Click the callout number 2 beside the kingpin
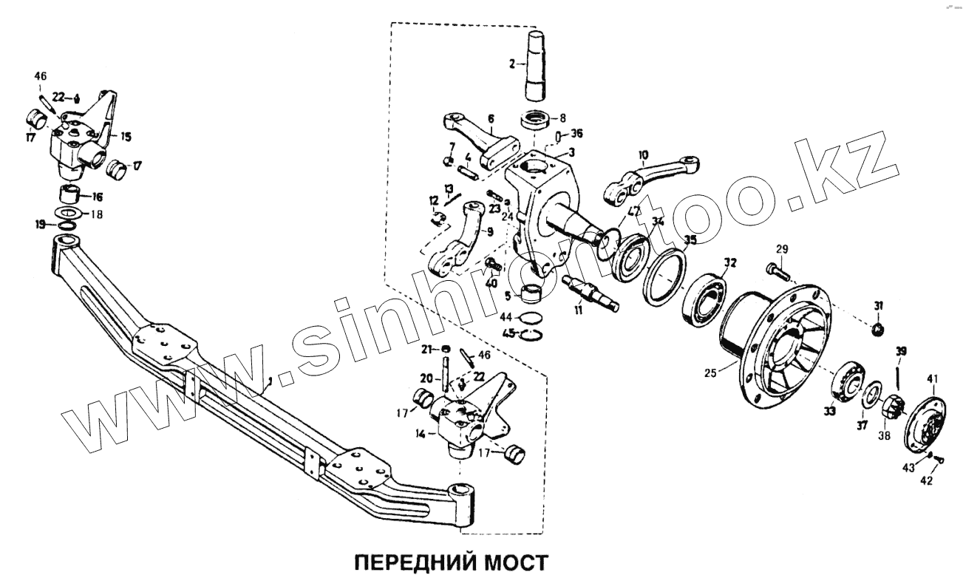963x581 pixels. pos(511,64)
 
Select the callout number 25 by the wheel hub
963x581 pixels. pos(710,374)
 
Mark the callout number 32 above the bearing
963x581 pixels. pos(730,262)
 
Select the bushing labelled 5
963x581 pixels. pos(531,293)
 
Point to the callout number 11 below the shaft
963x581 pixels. pos(579,310)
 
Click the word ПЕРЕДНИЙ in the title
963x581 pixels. pos(402,563)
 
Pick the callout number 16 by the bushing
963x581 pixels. pos(98,197)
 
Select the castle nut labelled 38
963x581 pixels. pos(892,407)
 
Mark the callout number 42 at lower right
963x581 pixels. pos(926,480)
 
